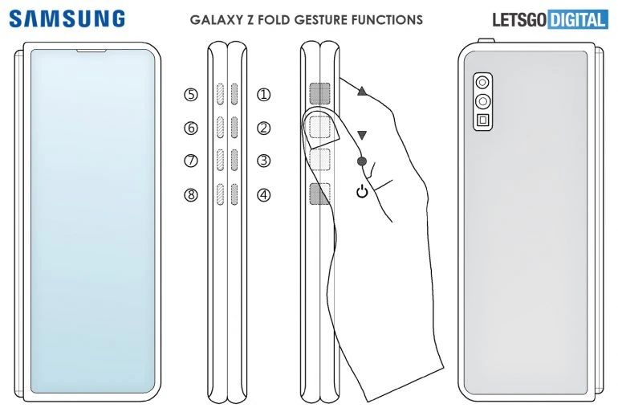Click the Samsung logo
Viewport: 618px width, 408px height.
67,19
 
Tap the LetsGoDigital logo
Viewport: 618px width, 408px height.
551,20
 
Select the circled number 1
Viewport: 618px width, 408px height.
264,95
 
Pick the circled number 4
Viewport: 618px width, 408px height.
264,195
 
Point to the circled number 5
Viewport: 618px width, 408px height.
191,95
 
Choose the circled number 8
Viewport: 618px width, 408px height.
191,195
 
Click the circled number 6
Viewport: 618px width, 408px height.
191,128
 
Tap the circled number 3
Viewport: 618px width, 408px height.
264,161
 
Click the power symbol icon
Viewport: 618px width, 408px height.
362,192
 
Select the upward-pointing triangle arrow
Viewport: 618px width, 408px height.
362,92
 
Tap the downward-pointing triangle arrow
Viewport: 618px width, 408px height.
362,136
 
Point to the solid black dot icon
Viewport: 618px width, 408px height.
362,161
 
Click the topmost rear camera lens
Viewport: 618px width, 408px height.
482,83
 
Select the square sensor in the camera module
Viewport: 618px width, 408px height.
482,120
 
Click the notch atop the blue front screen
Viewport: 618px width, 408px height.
91,51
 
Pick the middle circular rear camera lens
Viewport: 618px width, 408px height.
482,101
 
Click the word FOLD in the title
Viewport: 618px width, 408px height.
274,19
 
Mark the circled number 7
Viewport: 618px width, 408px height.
191,161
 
